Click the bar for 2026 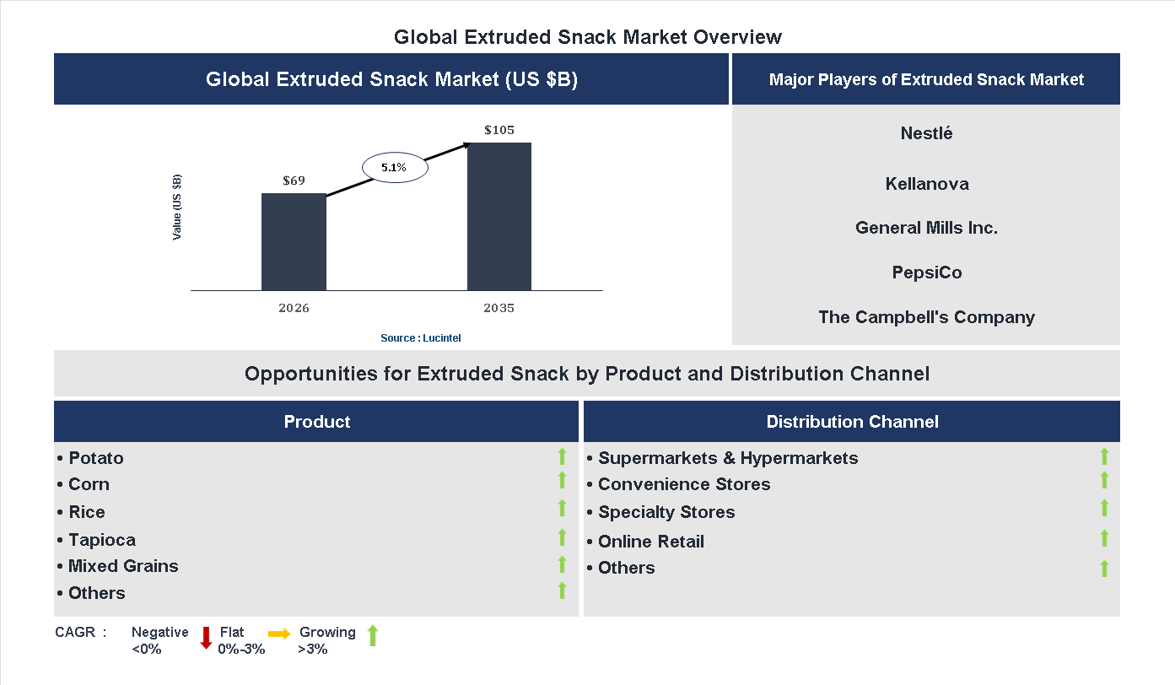coord(294,242)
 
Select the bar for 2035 coord(499,217)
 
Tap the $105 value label coord(499,130)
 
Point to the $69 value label coord(294,181)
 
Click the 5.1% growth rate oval coord(395,168)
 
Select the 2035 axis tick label coord(499,308)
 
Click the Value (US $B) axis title coord(177,207)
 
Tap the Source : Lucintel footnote coord(421,338)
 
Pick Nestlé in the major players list coord(926,133)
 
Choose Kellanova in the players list coord(926,184)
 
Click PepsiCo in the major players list coord(926,272)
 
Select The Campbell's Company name coord(926,317)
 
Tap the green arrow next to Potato coord(562,456)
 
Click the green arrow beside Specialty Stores coord(1104,508)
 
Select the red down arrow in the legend coord(206,638)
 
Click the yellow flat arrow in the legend coord(279,633)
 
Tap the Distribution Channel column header coord(852,422)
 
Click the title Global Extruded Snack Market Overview coord(588,37)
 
